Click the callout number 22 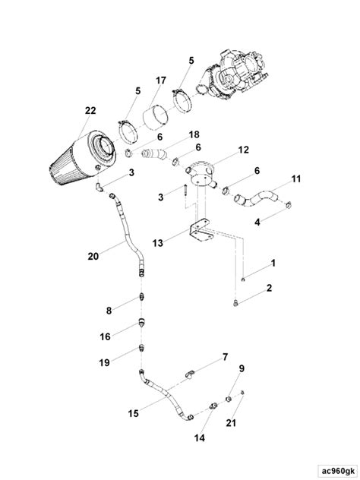tap(90, 111)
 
